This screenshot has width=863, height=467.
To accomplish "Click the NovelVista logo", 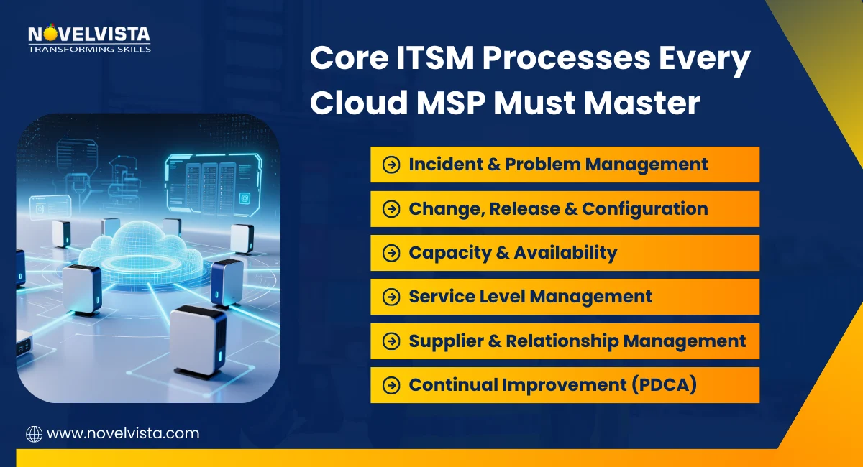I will tap(89, 34).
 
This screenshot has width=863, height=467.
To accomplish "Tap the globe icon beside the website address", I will tap(34, 433).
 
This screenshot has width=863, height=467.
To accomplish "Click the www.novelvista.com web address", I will tap(122, 433).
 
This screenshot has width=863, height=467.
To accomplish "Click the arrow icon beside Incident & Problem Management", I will tap(391, 165).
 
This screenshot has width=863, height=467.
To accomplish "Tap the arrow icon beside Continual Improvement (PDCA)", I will tap(391, 385).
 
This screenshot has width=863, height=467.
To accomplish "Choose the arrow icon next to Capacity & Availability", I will tap(391, 253).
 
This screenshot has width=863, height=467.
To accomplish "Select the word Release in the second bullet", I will tap(532, 209).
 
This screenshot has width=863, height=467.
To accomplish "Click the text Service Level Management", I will tap(531, 297).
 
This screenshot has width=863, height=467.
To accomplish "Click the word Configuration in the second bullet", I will tap(645, 209).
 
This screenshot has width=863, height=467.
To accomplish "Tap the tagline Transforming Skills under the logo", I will tap(89, 49).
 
